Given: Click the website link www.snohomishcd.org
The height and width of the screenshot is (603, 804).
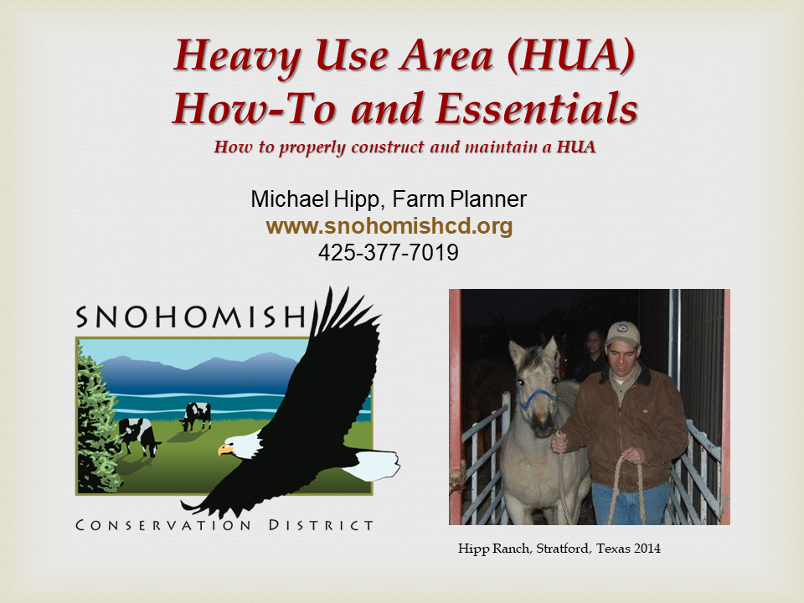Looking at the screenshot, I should click(389, 226).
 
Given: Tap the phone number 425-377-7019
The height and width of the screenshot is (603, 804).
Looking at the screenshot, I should click(389, 252).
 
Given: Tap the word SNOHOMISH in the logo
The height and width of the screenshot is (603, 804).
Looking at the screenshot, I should click(189, 316).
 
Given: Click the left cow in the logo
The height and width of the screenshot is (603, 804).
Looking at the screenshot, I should click(136, 434).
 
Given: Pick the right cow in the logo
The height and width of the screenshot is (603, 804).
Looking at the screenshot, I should click(197, 414).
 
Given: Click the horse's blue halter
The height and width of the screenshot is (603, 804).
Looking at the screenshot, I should click(536, 398).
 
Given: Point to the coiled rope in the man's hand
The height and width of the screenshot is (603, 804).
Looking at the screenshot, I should click(627, 486).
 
